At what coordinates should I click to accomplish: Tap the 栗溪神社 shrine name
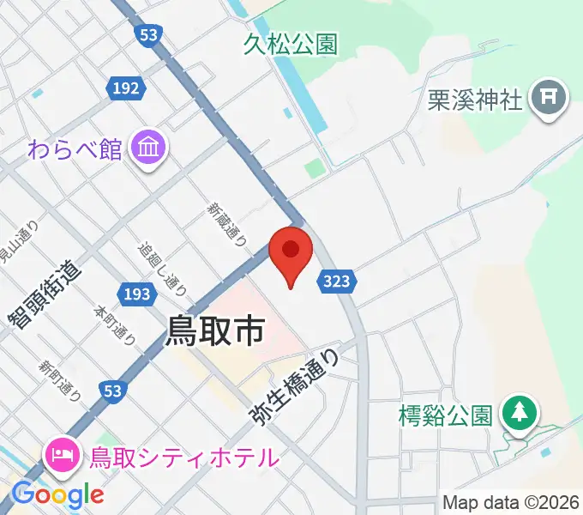(x=475, y=100)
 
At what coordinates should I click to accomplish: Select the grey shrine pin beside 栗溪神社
(x=549, y=98)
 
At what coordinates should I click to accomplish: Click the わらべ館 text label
(x=75, y=148)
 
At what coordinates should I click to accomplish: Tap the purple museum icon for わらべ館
(x=149, y=148)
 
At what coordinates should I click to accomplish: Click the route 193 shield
(x=136, y=294)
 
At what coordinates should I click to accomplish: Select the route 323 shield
(x=336, y=280)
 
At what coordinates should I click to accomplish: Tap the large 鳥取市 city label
(x=213, y=330)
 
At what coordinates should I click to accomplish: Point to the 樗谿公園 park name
(x=446, y=416)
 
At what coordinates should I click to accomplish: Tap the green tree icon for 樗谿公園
(x=518, y=413)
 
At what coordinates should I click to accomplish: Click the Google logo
(x=58, y=494)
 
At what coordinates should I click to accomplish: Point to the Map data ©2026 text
(x=511, y=502)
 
